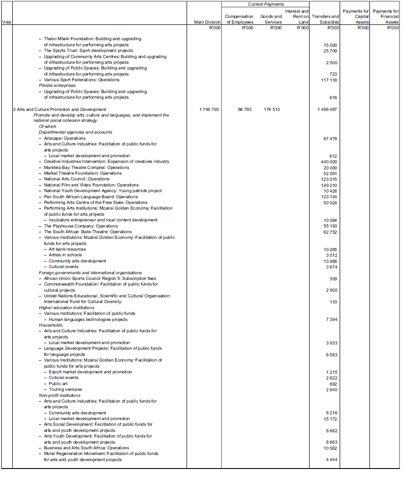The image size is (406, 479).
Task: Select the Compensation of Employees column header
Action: point(239,19)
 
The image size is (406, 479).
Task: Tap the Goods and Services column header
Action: point(271,19)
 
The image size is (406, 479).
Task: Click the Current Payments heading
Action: point(266,4)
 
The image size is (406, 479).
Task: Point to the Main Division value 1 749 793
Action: point(209,110)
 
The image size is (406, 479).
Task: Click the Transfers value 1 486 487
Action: point(328,110)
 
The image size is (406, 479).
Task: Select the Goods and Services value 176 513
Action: point(272,110)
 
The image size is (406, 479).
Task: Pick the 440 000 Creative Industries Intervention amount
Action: point(329,162)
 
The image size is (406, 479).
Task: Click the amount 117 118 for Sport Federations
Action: point(329,80)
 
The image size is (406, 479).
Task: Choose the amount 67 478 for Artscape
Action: point(330,139)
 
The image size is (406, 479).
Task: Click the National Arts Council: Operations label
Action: point(76,179)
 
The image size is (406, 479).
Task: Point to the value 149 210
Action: point(329,186)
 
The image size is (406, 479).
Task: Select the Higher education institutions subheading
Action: point(66,308)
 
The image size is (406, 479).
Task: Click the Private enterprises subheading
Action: point(57,86)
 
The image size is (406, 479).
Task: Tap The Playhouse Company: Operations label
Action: point(81,226)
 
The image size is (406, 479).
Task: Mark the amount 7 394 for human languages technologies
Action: point(331,320)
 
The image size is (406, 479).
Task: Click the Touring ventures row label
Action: point(65,389)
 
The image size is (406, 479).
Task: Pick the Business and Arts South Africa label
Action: point(86,448)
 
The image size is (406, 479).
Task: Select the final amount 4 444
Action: point(331,460)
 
